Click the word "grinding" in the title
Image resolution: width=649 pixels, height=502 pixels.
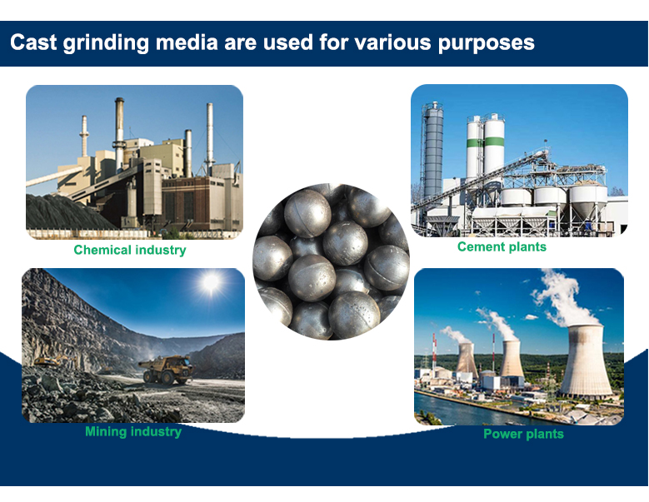point(106,43)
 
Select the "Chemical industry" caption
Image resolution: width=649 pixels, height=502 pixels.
point(130,250)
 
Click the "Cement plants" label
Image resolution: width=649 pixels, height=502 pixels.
point(502,247)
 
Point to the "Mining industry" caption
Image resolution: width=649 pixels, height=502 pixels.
point(133,432)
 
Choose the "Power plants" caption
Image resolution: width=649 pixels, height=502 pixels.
point(523,434)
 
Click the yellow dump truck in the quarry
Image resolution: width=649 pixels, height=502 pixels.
point(167,369)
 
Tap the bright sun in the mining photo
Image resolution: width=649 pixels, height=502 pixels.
point(211,282)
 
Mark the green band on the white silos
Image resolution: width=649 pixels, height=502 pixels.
point(486,142)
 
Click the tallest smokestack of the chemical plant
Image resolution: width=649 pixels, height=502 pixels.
point(120,132)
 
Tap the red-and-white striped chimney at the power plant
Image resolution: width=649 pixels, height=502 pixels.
point(434,351)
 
